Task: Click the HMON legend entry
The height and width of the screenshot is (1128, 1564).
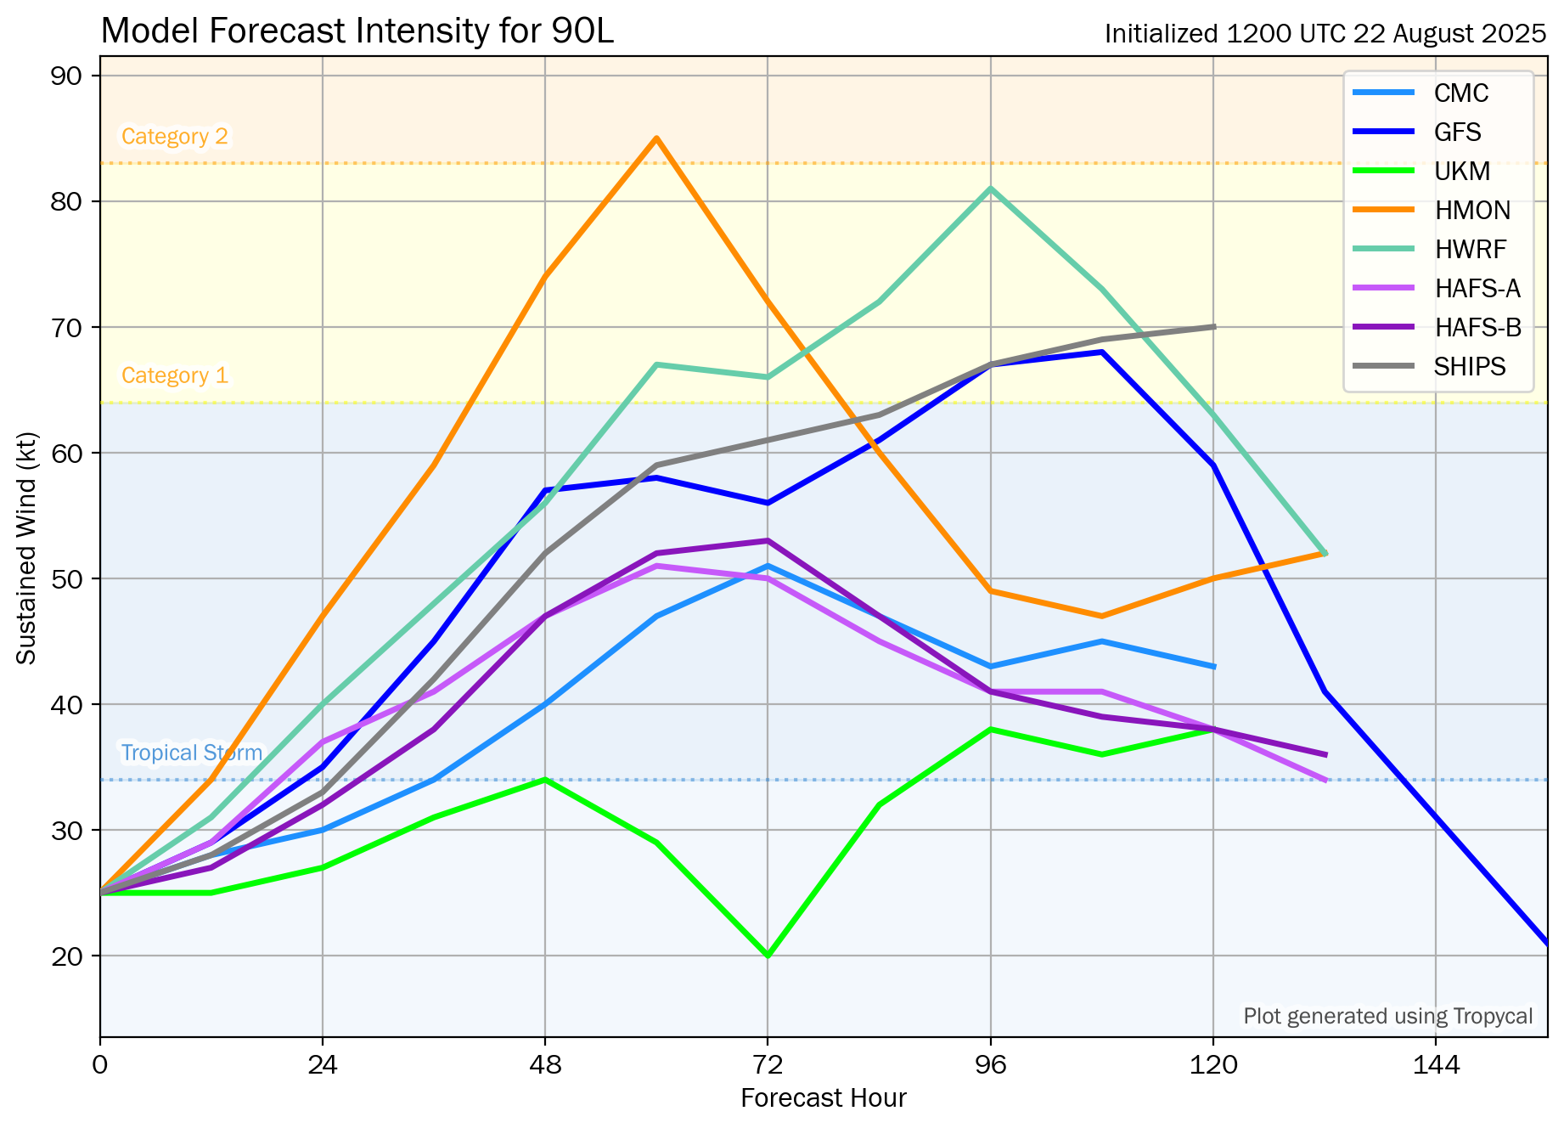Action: pyautogui.click(x=1472, y=211)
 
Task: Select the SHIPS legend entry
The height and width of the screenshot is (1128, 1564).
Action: pyautogui.click(x=1470, y=367)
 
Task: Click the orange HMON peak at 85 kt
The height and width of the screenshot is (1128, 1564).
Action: pyautogui.click(x=656, y=138)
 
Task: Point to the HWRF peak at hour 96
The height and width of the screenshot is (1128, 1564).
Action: pyautogui.click(x=991, y=189)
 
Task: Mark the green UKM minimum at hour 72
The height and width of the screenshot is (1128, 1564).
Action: pyautogui.click(x=768, y=956)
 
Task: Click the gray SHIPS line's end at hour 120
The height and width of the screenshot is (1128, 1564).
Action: pyautogui.click(x=1213, y=327)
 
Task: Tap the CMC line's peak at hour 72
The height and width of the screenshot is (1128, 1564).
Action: pyautogui.click(x=768, y=566)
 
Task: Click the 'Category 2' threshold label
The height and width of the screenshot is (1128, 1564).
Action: pyautogui.click(x=175, y=137)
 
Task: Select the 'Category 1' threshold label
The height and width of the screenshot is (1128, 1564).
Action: pyautogui.click(x=175, y=375)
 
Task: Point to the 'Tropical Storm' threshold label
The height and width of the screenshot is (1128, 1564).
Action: pyautogui.click(x=192, y=753)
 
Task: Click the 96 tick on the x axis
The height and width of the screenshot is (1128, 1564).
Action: pyautogui.click(x=991, y=1065)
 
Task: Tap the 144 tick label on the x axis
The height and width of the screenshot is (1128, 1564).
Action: pyautogui.click(x=1436, y=1065)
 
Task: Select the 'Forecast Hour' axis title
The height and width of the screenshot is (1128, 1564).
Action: pyautogui.click(x=824, y=1098)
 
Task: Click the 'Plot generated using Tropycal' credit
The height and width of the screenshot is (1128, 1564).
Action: pyautogui.click(x=1388, y=1017)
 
